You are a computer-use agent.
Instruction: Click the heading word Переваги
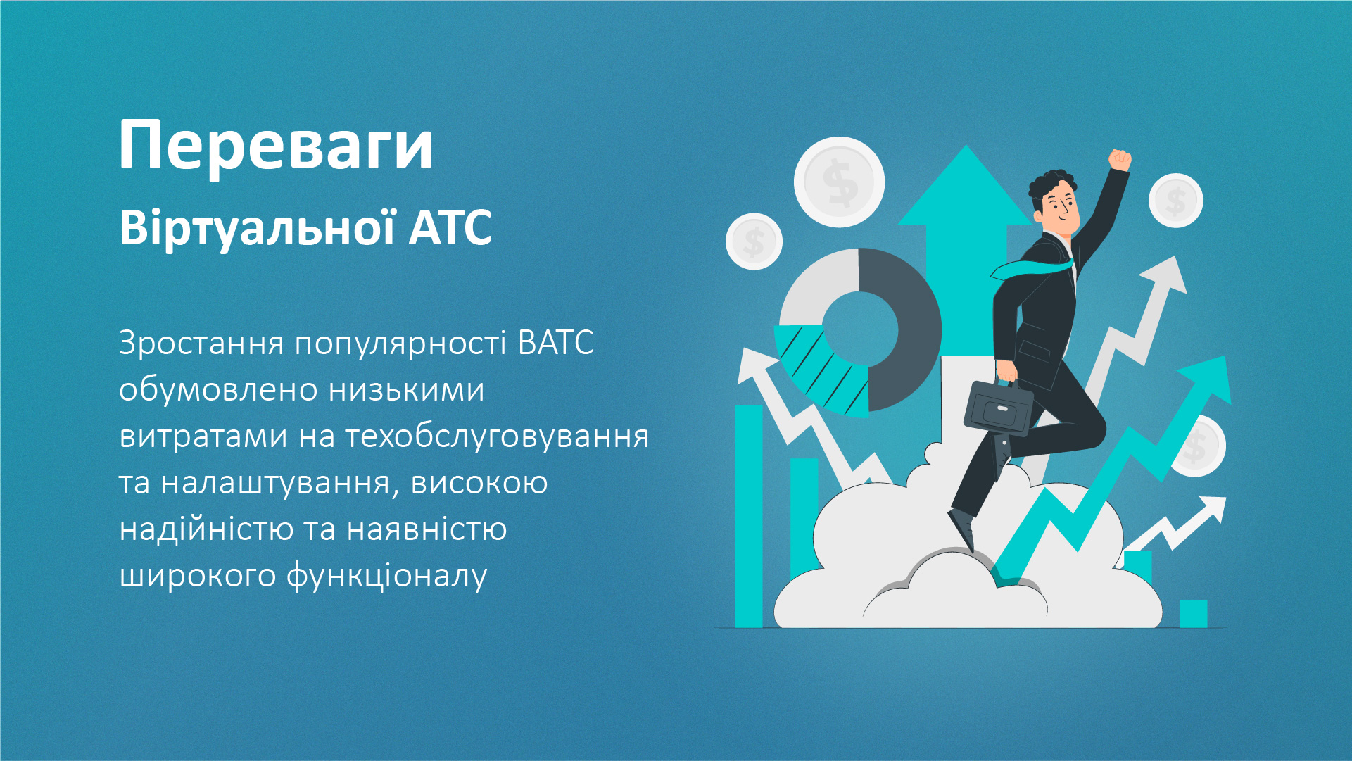click(x=276, y=146)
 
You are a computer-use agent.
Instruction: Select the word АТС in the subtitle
click(x=450, y=228)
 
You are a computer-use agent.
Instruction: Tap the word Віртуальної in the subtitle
click(x=257, y=228)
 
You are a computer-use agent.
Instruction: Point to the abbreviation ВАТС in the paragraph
click(x=555, y=344)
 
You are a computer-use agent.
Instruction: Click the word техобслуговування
click(x=497, y=436)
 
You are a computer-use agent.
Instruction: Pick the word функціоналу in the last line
click(x=386, y=576)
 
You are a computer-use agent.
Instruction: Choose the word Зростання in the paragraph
click(x=201, y=344)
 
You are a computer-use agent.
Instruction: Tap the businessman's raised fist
click(x=1119, y=160)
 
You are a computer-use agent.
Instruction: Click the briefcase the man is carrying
click(x=998, y=409)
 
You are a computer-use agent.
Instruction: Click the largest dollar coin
click(x=839, y=182)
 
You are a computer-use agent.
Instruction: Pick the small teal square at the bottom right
click(x=1193, y=613)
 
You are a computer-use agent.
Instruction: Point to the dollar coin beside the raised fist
click(x=1175, y=201)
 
